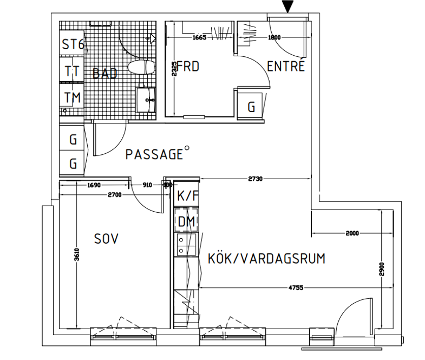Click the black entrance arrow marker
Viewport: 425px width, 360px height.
[x=289, y=6]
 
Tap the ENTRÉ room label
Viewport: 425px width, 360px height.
[x=286, y=66]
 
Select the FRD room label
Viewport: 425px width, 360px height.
[x=188, y=67]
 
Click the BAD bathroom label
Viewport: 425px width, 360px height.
[x=104, y=74]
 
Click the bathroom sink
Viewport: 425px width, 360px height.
[x=146, y=99]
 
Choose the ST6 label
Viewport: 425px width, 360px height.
[x=73, y=44]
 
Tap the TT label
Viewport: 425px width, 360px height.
[x=72, y=71]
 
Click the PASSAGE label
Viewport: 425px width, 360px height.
[x=154, y=154]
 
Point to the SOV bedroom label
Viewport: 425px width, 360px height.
[x=106, y=238]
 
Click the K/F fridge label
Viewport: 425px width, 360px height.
[x=187, y=196]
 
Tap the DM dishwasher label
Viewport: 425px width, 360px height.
[x=186, y=221]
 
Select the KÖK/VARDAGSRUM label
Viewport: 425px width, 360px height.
[x=266, y=259]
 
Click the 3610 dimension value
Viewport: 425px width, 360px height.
[x=77, y=254]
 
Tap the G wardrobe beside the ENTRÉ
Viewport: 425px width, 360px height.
[x=251, y=107]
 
